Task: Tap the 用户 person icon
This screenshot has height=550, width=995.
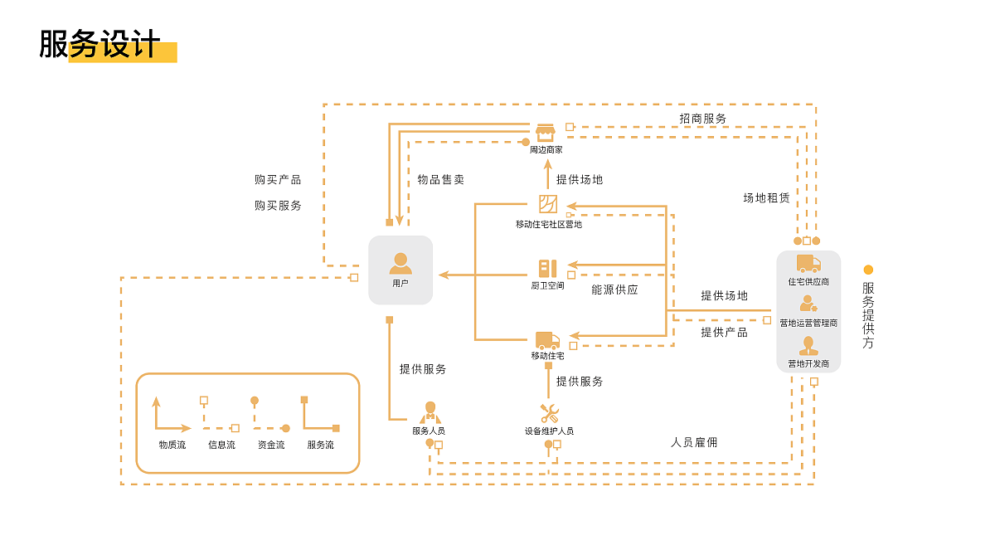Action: click(x=400, y=264)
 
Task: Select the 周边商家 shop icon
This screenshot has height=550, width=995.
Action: click(x=545, y=132)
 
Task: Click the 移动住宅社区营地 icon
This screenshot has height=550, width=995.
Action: click(x=548, y=204)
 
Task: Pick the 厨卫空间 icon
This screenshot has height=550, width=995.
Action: click(x=547, y=269)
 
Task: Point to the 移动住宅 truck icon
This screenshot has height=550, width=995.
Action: click(x=547, y=339)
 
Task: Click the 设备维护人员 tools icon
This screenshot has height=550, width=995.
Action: click(x=549, y=412)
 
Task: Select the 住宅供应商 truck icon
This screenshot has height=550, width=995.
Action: click(x=808, y=264)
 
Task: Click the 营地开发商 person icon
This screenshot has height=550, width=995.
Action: click(x=808, y=346)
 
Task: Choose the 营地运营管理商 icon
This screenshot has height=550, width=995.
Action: click(x=808, y=304)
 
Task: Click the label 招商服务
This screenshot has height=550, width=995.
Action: click(x=703, y=119)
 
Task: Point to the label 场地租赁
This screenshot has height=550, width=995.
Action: click(x=766, y=198)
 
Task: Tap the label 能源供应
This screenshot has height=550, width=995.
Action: click(x=614, y=290)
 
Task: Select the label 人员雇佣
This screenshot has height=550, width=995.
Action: click(x=694, y=442)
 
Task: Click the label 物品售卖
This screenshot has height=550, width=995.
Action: click(x=440, y=179)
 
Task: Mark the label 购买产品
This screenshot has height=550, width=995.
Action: click(x=278, y=179)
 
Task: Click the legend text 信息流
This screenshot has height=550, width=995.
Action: click(x=221, y=445)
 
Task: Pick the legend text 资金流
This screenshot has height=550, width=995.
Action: click(x=271, y=445)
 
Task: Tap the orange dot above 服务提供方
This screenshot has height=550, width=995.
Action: click(x=868, y=270)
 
